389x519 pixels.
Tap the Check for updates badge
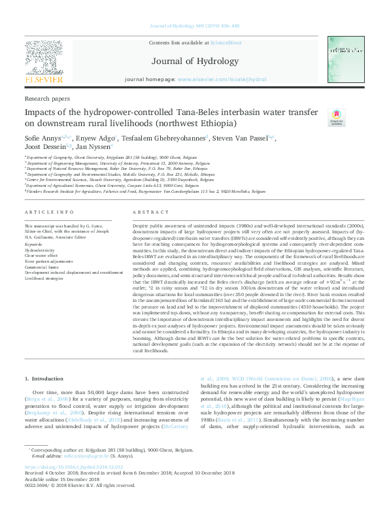[x=318, y=118]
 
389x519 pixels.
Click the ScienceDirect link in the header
[x=226, y=42]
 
